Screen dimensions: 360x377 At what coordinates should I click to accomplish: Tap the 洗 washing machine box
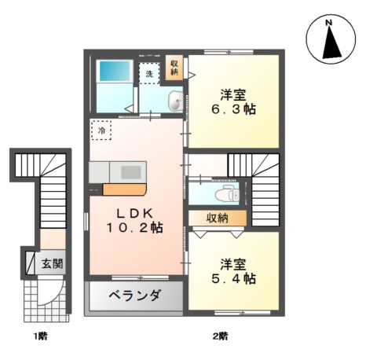149,72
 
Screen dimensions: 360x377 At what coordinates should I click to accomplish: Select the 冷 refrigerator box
101,130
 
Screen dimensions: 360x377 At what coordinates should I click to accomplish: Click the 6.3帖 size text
234,109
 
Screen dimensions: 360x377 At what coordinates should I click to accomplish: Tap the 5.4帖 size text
234,278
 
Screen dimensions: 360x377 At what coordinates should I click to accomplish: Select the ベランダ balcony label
135,296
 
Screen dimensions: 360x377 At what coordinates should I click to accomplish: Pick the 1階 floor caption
40,337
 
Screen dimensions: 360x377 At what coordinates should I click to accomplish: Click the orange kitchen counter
124,189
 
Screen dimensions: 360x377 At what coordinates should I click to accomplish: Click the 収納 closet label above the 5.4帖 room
218,218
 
